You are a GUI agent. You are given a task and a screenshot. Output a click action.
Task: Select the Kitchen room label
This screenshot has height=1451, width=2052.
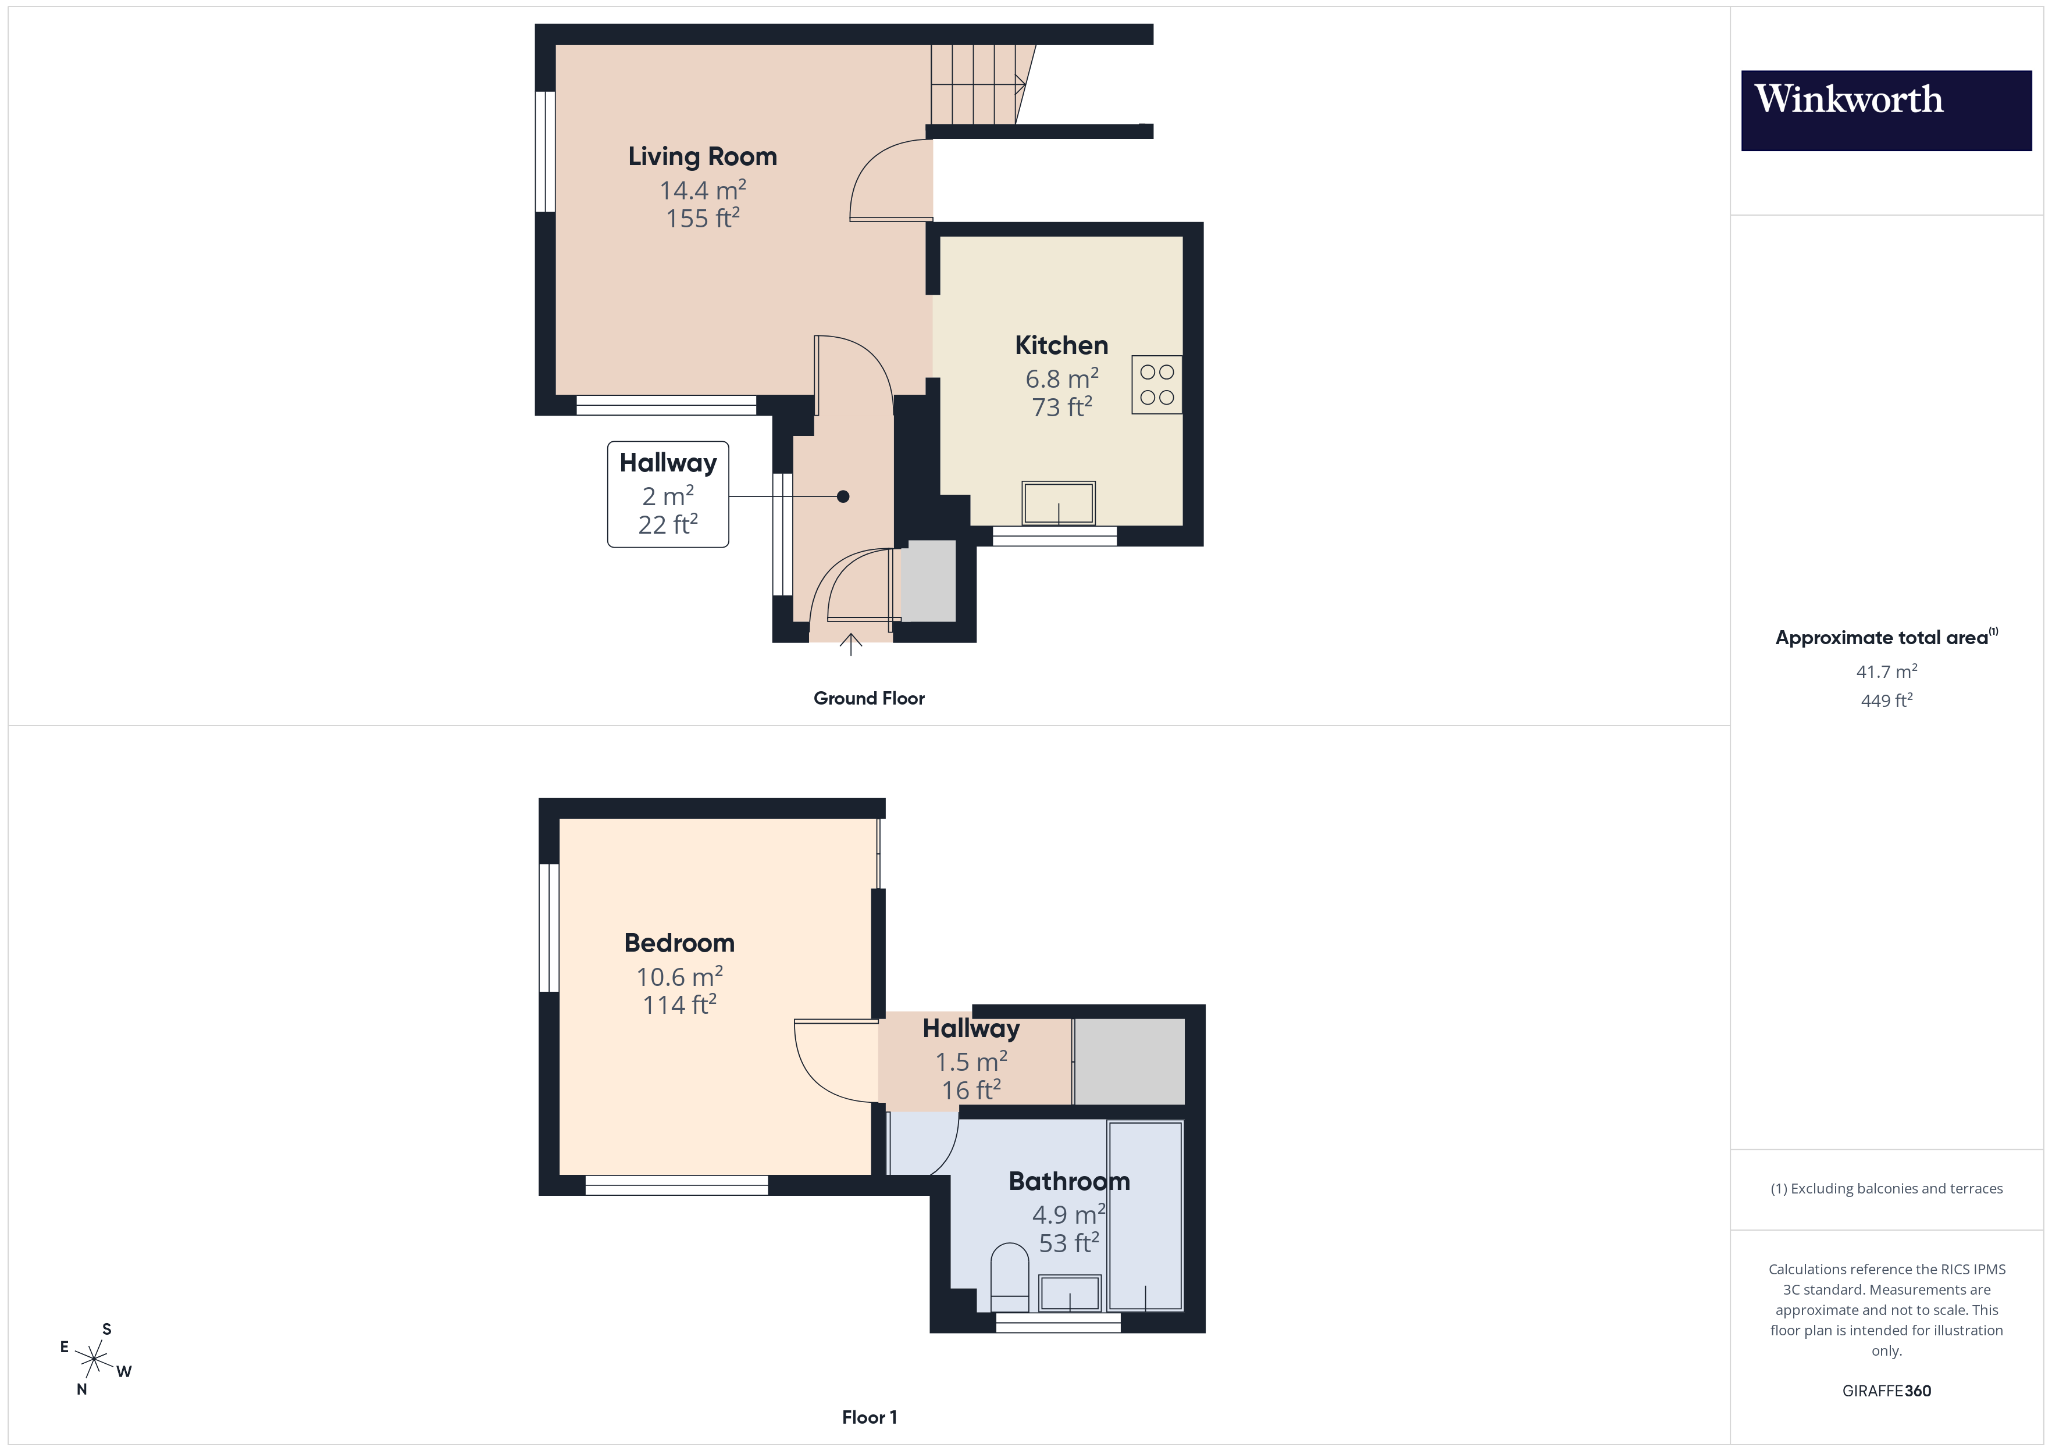(x=1061, y=345)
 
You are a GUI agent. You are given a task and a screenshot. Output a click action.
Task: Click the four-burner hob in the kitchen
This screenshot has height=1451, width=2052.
(x=1156, y=385)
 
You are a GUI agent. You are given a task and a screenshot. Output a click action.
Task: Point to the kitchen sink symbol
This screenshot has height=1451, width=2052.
(x=1058, y=503)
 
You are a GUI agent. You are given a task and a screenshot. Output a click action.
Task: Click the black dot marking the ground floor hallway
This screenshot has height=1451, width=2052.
(x=843, y=497)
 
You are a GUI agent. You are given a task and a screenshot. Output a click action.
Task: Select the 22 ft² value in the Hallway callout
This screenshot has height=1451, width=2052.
(x=668, y=524)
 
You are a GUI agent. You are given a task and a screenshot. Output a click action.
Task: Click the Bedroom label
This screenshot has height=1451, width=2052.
(x=679, y=942)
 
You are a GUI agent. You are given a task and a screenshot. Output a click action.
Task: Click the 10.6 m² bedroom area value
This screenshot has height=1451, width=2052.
(x=679, y=977)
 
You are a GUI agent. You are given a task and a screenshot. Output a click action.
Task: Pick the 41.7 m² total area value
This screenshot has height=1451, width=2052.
(x=1886, y=671)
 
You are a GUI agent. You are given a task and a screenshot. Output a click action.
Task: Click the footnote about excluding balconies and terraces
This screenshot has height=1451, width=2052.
(x=1886, y=1188)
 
